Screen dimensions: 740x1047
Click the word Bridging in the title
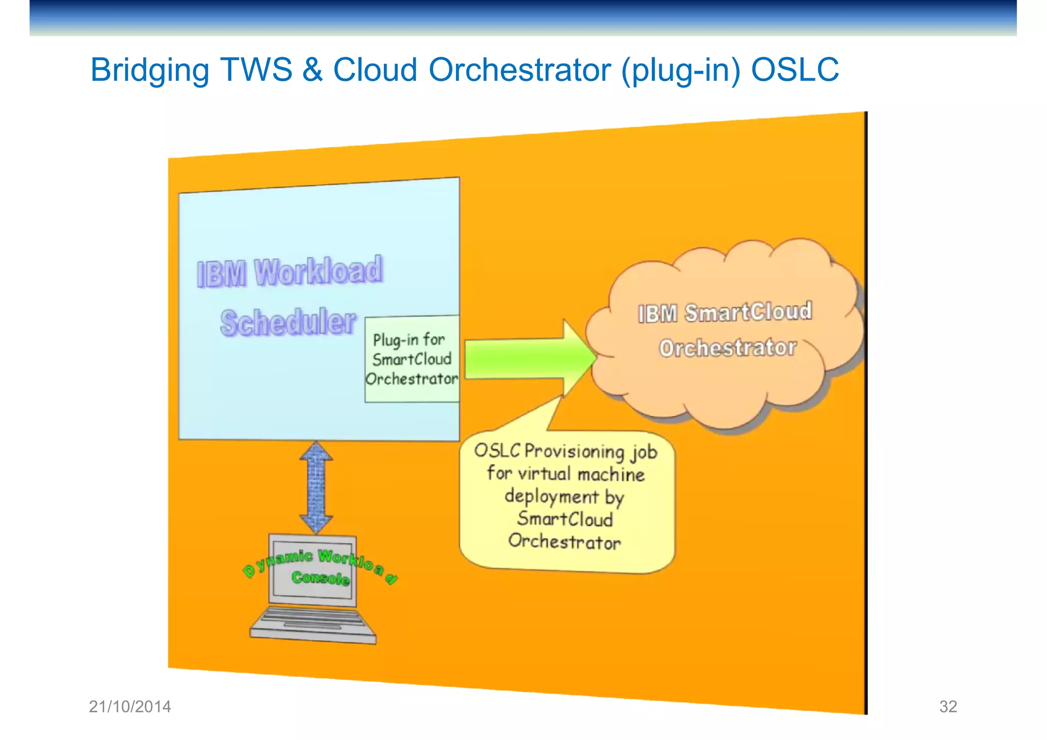tap(150, 70)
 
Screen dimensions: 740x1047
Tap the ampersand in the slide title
tap(312, 70)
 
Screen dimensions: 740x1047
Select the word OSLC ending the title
tap(794, 70)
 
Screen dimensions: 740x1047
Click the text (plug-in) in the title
tap(680, 70)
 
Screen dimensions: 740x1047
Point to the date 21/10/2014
tap(130, 707)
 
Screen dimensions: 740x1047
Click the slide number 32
tap(948, 707)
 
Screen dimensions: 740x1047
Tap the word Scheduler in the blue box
tap(288, 323)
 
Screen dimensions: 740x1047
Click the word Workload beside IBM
tap(318, 271)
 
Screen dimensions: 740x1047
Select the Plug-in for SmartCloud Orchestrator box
tap(412, 359)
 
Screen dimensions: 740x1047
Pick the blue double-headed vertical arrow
tap(316, 488)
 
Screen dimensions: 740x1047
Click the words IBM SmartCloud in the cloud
tap(724, 312)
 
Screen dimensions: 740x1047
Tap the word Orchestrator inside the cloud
tap(727, 348)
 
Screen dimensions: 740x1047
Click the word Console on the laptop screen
tap(321, 578)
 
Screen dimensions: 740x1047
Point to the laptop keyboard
tap(313, 622)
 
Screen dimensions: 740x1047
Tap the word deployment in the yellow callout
tap(551, 497)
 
